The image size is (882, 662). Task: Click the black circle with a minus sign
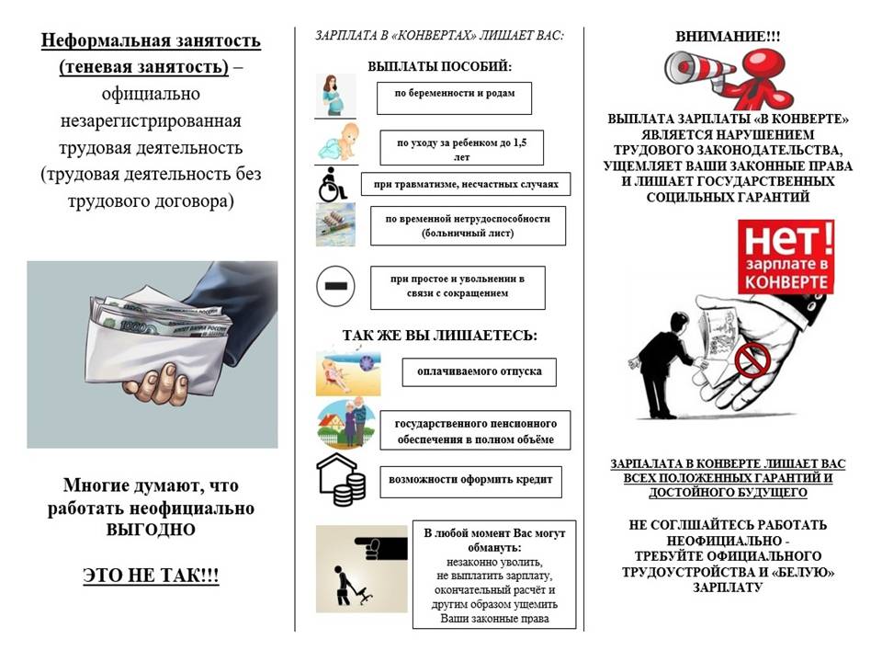tap(334, 286)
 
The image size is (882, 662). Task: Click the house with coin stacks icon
tap(340, 480)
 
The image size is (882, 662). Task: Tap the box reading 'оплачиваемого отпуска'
tap(479, 371)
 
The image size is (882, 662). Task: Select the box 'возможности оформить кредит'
tap(470, 481)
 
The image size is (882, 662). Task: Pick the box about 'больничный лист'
tap(468, 225)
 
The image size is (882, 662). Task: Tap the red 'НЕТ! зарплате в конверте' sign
tap(786, 257)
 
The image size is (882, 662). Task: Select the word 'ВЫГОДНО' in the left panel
tap(152, 531)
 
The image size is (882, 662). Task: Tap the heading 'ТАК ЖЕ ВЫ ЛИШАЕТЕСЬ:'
tap(439, 335)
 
